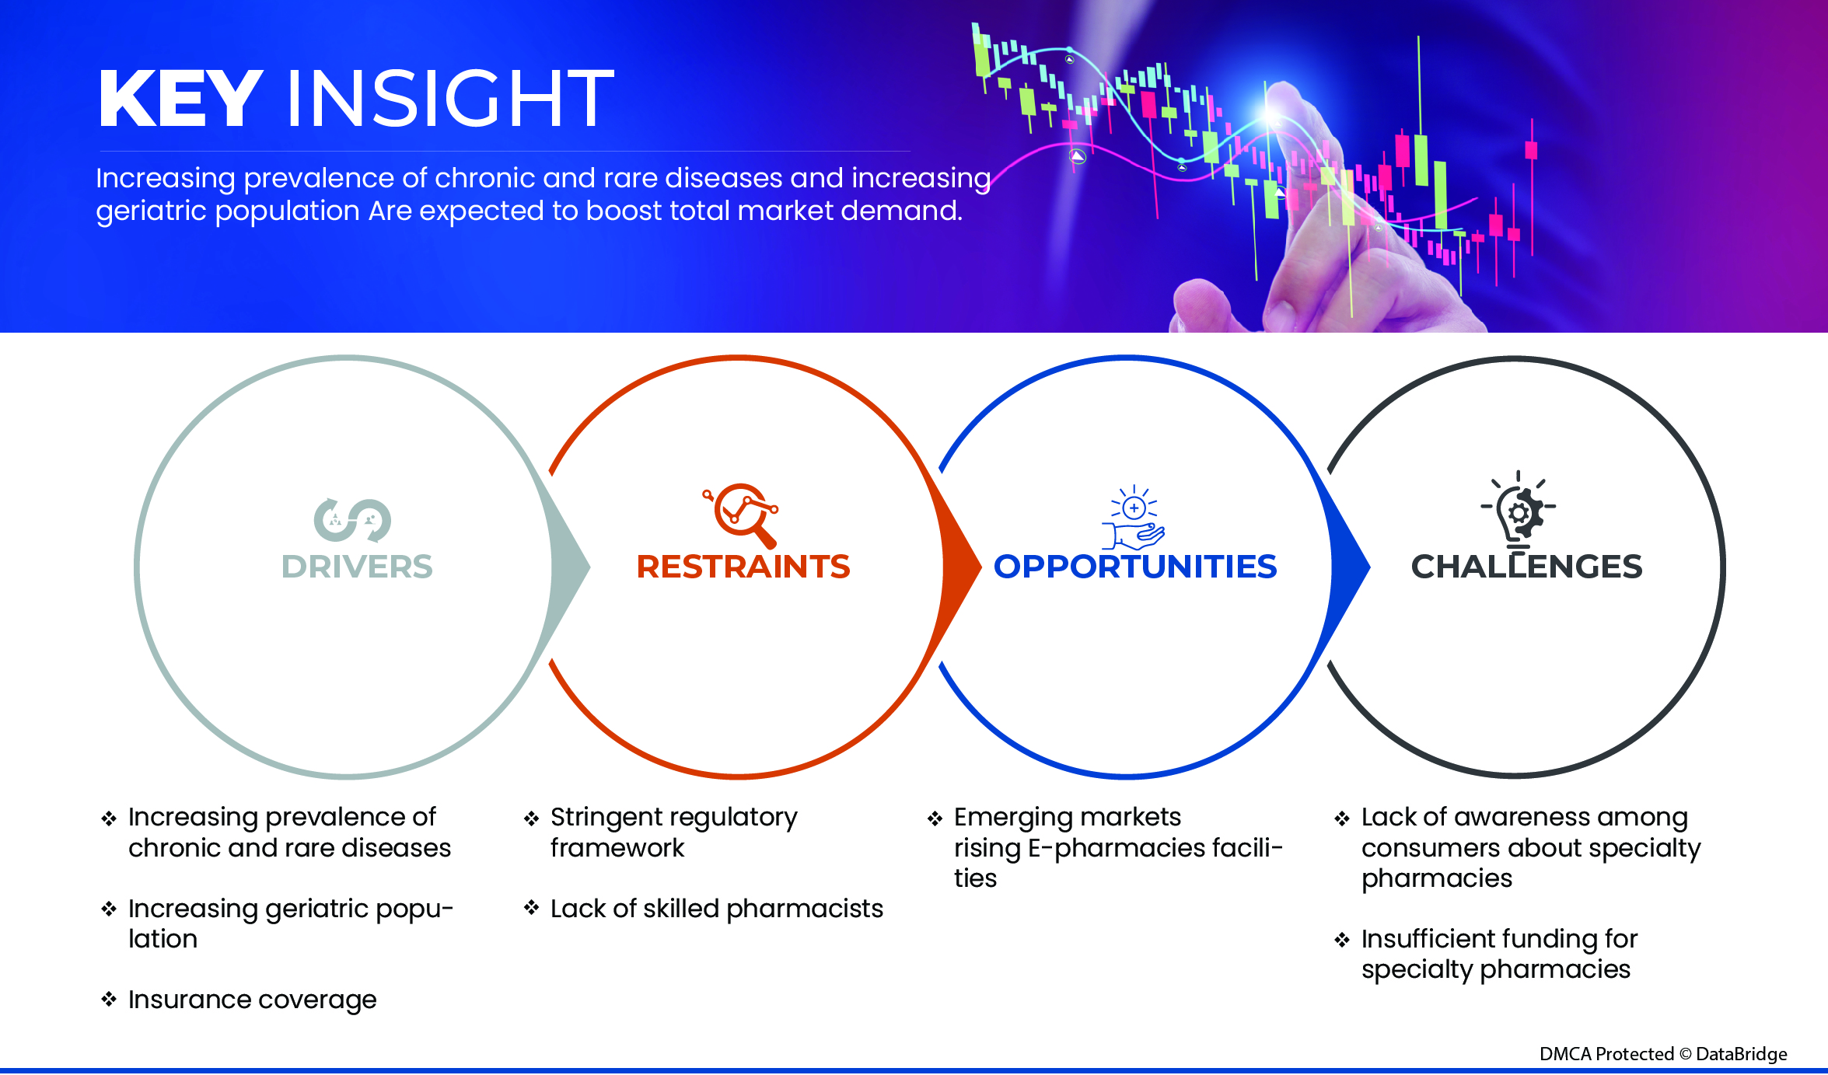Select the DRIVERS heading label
click(357, 567)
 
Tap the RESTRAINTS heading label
click(743, 567)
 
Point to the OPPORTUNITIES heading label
click(1135, 567)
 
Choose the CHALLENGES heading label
click(1526, 567)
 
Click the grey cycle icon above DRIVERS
click(352, 520)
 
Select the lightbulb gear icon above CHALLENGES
click(1519, 510)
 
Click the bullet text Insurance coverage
click(253, 1000)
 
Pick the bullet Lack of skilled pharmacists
click(717, 908)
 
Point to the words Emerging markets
click(1068, 817)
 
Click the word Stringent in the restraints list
click(605, 818)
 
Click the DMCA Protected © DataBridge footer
click(1663, 1054)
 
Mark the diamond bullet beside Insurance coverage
click(109, 999)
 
